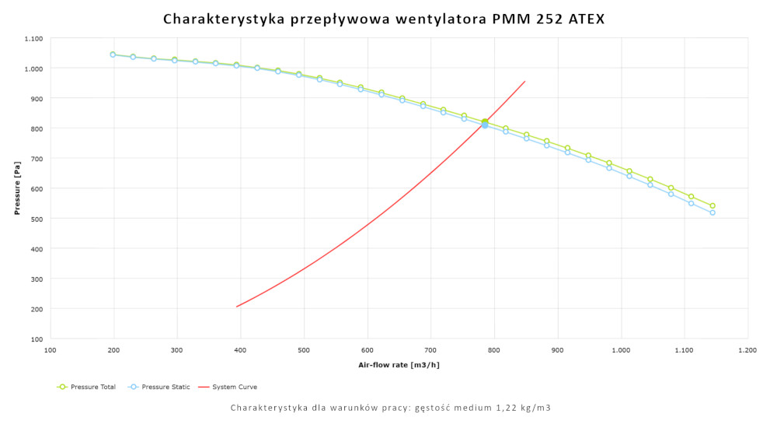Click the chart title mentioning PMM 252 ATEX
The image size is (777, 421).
point(384,18)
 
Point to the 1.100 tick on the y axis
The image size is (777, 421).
point(33,38)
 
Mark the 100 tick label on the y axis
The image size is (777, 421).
point(37,339)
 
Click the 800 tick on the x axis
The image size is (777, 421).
point(494,350)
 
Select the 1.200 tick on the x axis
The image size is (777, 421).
point(747,350)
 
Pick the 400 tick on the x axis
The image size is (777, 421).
point(241,350)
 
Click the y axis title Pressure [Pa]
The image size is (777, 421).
point(16,188)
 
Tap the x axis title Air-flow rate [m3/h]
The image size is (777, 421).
point(399,364)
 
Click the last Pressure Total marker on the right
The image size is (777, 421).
point(713,205)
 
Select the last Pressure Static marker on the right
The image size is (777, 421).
point(713,212)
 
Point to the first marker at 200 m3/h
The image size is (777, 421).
point(113,54)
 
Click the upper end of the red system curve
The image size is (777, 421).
point(525,81)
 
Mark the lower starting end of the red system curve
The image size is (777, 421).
point(237,307)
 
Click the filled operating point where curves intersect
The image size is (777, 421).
point(485,123)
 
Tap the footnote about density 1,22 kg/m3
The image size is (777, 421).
point(391,408)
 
